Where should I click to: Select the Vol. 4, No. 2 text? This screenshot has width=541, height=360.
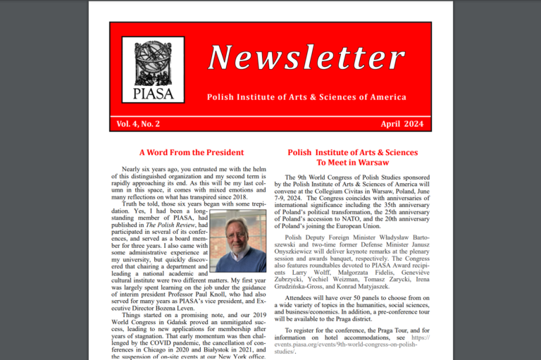tap(139, 124)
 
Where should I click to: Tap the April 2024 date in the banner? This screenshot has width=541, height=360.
tap(402, 124)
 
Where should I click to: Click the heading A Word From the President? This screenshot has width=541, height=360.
tap(191, 152)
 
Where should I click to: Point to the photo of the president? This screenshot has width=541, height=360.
tap(237, 241)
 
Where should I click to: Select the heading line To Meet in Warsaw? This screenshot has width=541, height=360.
tap(352, 163)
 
